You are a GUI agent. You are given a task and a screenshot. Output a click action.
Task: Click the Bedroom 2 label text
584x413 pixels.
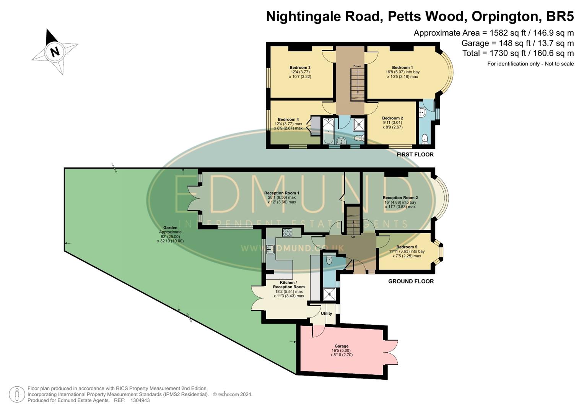click(x=392, y=118)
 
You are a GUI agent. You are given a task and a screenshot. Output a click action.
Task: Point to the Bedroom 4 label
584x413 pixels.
click(x=288, y=119)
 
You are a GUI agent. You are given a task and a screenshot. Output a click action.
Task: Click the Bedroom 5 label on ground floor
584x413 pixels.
click(x=407, y=247)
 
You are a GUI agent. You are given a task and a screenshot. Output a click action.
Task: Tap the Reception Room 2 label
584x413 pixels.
click(x=400, y=198)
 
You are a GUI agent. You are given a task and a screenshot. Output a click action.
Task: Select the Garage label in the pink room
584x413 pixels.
click(x=342, y=346)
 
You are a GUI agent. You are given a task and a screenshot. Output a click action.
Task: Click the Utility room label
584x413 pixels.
click(x=326, y=314)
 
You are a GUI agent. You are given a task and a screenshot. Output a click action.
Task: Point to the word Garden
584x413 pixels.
click(x=170, y=228)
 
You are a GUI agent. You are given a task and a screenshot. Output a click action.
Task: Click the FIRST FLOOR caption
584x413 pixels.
click(x=415, y=154)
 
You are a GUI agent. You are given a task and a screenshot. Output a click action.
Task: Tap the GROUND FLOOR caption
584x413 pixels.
click(x=411, y=281)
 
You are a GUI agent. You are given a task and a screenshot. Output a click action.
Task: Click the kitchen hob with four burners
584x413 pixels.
click(x=287, y=232)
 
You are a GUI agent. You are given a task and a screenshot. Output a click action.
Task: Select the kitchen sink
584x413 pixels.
click(x=270, y=249)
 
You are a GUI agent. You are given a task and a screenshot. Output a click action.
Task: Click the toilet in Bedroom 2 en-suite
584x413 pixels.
click(x=424, y=138)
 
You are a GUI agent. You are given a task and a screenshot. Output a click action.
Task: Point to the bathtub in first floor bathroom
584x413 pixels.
click(x=329, y=131)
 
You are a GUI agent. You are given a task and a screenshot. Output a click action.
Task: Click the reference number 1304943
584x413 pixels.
click(x=140, y=400)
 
